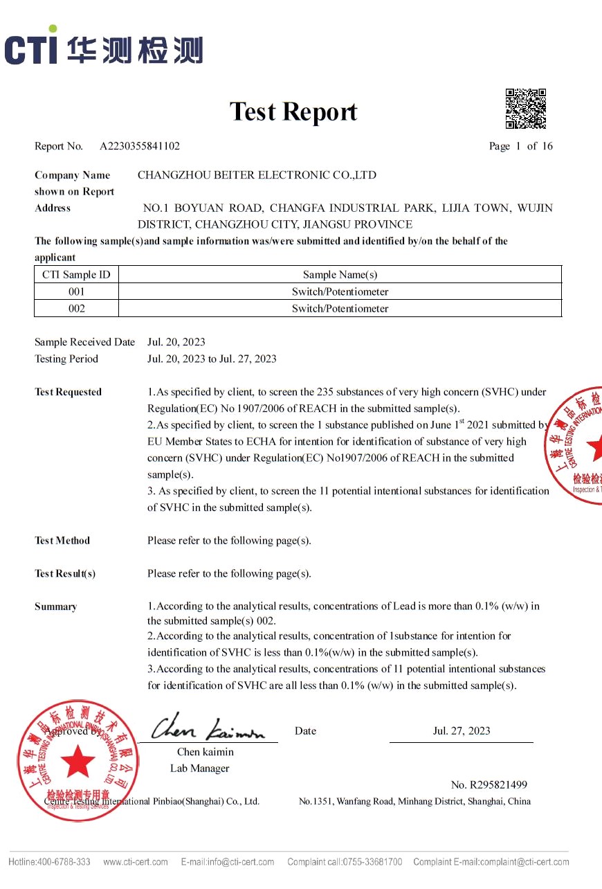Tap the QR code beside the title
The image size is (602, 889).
(525, 109)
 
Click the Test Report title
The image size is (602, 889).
(293, 111)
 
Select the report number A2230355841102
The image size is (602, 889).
(140, 146)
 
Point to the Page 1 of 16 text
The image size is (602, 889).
(520, 146)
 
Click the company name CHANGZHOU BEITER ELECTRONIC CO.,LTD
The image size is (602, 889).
(257, 175)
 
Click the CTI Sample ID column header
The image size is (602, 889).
(76, 275)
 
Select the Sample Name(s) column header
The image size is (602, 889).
(340, 275)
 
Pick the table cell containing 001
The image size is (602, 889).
(76, 291)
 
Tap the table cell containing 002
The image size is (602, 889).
(76, 309)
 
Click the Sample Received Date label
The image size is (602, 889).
(84, 342)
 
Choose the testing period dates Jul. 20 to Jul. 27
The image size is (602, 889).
(212, 359)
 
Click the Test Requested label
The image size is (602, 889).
(68, 392)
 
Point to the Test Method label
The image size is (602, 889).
(62, 541)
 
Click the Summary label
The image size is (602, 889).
(55, 607)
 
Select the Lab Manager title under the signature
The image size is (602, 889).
(199, 768)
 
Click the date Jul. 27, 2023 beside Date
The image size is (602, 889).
(462, 731)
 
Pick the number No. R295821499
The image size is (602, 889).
(489, 784)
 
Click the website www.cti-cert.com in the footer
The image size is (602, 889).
(135, 862)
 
